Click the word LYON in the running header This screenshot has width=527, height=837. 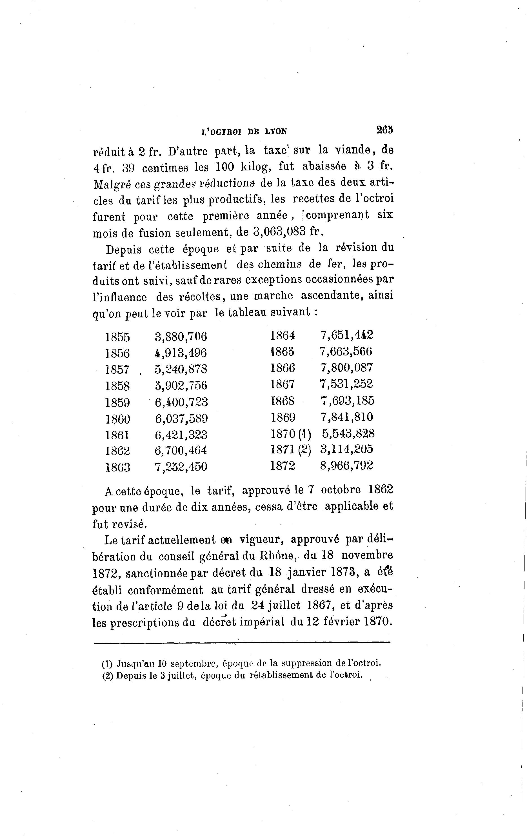pyautogui.click(x=276, y=132)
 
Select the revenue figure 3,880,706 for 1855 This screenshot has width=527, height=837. pyautogui.click(x=181, y=337)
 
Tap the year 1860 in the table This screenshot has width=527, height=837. pyautogui.click(x=117, y=418)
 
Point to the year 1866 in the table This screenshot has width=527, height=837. pyautogui.click(x=282, y=368)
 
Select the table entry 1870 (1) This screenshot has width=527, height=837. pyautogui.click(x=291, y=433)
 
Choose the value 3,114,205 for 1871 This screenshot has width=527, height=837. pyautogui.click(x=346, y=449)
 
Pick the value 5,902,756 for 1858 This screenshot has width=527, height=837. pyautogui.click(x=181, y=385)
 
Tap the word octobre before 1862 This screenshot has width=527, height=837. pyautogui.click(x=341, y=490)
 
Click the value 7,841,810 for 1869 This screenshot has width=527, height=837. pyautogui.click(x=346, y=417)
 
